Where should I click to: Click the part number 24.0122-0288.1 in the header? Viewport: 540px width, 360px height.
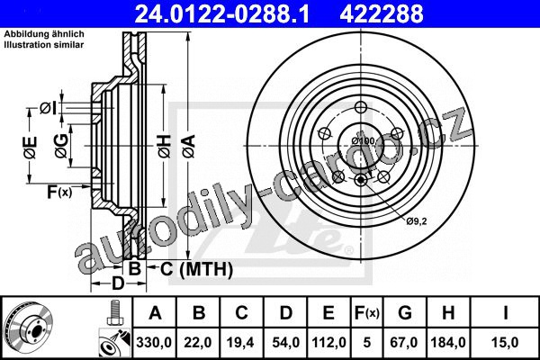221,13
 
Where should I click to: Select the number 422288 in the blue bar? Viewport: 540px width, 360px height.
382,13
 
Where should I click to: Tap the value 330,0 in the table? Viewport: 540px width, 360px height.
154,342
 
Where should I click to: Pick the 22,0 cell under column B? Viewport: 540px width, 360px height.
198,342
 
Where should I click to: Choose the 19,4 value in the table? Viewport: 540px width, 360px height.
240,342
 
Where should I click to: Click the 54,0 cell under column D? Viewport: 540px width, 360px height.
285,342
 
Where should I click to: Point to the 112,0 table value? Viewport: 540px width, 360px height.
328,342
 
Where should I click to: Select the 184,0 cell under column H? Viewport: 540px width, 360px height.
448,342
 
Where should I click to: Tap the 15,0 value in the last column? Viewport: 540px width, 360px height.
505,342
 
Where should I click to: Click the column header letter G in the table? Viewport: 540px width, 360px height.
405,313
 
